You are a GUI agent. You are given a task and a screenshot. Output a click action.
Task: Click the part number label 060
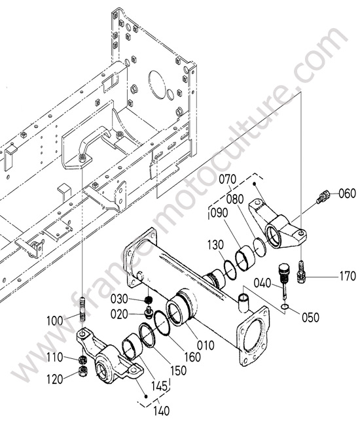tap(347, 194)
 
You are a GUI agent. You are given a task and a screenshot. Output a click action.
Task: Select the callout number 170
tap(348, 277)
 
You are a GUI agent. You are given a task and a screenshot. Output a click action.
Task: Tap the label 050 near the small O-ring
tap(310, 317)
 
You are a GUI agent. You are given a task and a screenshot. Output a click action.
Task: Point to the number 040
tap(262, 283)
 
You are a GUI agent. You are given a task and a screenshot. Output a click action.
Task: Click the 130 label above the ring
tap(216, 245)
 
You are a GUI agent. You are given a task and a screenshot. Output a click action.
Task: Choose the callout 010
tap(206, 346)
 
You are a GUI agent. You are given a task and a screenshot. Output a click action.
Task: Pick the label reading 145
tap(159, 386)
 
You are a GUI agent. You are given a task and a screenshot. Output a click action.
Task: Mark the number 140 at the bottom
tap(162, 411)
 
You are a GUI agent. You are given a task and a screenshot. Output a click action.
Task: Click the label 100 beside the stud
tap(55, 321)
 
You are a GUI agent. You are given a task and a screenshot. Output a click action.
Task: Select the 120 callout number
tap(55, 379)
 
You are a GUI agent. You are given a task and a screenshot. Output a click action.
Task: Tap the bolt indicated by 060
tap(323, 196)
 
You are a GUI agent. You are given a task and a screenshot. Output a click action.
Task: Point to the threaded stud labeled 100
tap(83, 309)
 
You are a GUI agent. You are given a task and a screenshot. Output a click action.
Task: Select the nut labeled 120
tap(82, 371)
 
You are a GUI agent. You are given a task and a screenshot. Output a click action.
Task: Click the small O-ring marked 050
tap(285, 306)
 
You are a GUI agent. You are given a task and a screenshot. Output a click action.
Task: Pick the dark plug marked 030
tap(148, 299)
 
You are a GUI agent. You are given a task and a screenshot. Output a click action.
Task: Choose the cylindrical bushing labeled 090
tap(245, 259)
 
